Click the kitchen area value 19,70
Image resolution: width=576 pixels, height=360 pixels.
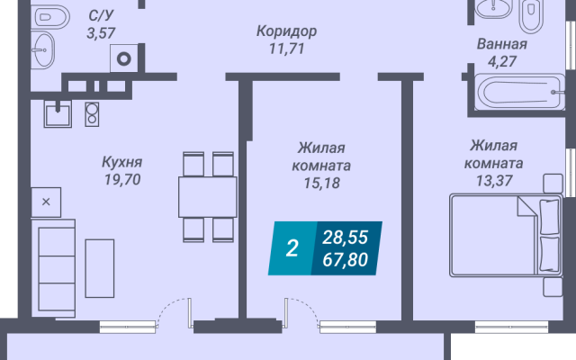click(x=122, y=180)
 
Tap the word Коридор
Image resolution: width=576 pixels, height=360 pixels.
click(x=286, y=31)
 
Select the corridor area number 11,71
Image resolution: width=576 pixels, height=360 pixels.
click(x=287, y=49)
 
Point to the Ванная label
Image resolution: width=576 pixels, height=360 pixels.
click(x=502, y=44)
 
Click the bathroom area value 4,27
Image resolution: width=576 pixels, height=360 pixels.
click(x=502, y=61)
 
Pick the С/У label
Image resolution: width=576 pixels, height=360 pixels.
click(x=102, y=16)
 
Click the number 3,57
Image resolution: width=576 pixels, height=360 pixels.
click(x=101, y=33)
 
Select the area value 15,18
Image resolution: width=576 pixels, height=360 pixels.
click(x=322, y=183)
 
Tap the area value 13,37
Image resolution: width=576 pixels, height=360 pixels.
click(x=494, y=180)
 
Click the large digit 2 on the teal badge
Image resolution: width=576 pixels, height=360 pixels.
click(x=292, y=248)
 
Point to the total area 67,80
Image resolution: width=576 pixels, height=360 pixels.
click(x=345, y=260)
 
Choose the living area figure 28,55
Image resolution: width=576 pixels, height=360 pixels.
click(x=345, y=238)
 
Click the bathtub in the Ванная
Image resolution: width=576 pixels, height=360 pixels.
click(x=519, y=92)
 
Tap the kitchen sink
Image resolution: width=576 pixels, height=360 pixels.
click(x=58, y=114)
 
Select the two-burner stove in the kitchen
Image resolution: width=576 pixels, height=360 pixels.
click(x=92, y=114)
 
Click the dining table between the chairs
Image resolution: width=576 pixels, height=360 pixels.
click(x=208, y=197)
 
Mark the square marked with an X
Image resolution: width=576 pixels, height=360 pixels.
click(x=46, y=202)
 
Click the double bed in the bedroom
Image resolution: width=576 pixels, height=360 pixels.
click(x=506, y=236)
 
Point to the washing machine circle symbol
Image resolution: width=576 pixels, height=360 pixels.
click(x=124, y=58)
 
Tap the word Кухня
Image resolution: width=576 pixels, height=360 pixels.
click(x=122, y=162)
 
